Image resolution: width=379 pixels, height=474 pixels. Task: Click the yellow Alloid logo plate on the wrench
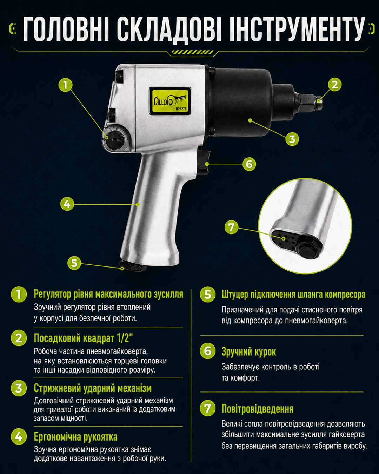[x=169, y=101]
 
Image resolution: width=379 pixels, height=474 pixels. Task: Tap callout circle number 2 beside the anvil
[x=334, y=85]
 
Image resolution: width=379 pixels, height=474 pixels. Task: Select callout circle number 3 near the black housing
[x=292, y=139]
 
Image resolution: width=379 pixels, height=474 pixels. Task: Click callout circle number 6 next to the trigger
[x=249, y=164]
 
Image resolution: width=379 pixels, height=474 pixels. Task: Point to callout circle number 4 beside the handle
[x=67, y=204]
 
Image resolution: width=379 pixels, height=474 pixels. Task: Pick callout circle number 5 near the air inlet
[x=74, y=263]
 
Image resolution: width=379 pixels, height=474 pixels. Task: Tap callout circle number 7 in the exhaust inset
[x=232, y=227]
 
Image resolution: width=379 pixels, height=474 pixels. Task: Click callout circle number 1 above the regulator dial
[x=65, y=85]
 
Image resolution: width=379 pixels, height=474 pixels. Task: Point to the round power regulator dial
[x=114, y=139]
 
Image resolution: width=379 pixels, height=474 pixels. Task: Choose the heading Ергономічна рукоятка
[x=75, y=437]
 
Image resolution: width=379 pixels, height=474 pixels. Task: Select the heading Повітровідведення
[x=258, y=409]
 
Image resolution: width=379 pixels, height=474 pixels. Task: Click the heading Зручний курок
[x=248, y=351]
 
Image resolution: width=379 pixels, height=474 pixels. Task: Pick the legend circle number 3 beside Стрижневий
[x=19, y=388]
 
